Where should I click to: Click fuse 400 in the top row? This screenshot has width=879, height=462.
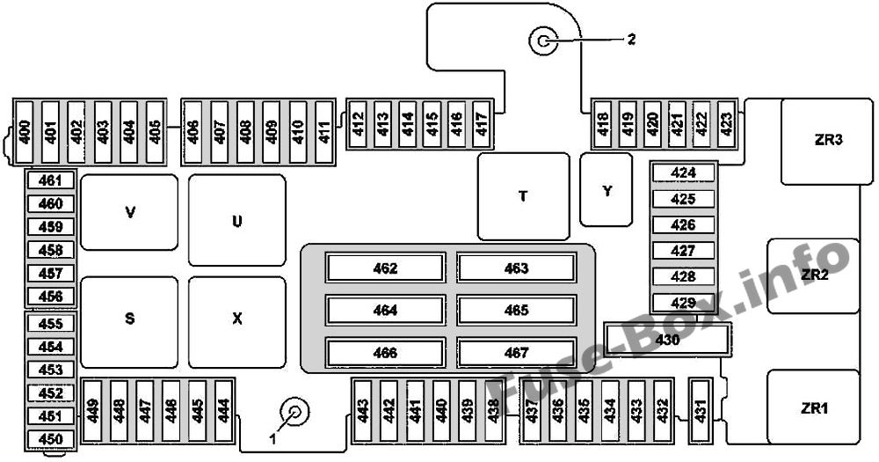tap(25, 132)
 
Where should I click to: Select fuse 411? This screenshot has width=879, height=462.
tap(324, 132)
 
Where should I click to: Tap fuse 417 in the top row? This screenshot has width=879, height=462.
tap(482, 124)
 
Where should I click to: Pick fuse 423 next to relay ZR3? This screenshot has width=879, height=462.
tap(726, 124)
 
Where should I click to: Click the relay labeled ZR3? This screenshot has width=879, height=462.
tap(827, 142)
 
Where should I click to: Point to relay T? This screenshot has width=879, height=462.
tap(523, 196)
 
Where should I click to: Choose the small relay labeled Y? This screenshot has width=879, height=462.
tap(606, 190)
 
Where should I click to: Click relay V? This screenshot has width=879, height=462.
tap(129, 212)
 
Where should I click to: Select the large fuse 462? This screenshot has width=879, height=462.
tap(386, 268)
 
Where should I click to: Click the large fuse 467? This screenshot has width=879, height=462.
tap(516, 353)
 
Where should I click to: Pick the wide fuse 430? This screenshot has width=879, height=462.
tap(668, 340)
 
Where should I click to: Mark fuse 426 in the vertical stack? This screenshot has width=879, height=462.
tap(683, 225)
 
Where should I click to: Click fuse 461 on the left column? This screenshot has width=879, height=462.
tap(50, 180)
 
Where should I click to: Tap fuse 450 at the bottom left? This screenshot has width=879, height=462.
tap(50, 439)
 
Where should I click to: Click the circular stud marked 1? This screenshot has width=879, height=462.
tap(294, 413)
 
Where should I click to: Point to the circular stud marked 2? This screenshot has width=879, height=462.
tap(542, 41)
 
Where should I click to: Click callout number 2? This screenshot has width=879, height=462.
tap(631, 40)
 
